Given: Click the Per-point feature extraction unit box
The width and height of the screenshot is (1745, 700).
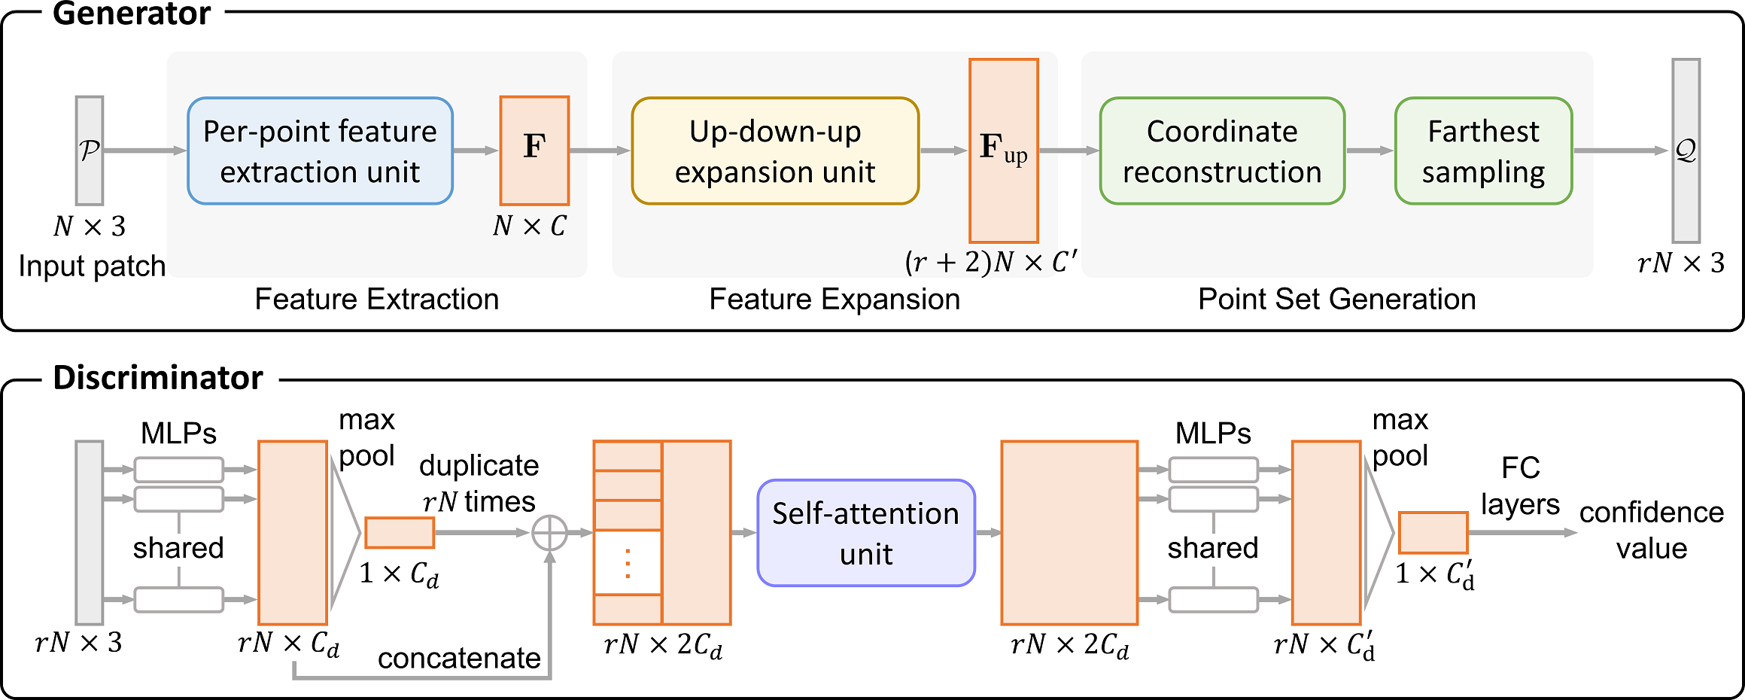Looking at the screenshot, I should [x=320, y=151].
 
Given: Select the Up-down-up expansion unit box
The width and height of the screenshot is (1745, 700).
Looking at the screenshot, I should [x=775, y=151].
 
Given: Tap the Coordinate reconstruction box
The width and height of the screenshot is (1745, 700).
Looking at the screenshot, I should [x=1222, y=151].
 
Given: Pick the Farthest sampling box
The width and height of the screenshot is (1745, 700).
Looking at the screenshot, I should [x=1483, y=151].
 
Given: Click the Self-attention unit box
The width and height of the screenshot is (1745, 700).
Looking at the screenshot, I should [x=866, y=533].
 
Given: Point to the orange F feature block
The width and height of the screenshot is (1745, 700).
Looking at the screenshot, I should [x=534, y=151].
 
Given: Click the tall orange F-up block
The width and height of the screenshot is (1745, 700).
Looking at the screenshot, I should [x=1004, y=151].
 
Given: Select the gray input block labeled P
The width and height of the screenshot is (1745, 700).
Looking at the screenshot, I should [x=90, y=151].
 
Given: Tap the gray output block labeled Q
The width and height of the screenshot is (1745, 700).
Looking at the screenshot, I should [x=1686, y=151].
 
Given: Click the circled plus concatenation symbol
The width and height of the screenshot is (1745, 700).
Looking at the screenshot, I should [x=550, y=533].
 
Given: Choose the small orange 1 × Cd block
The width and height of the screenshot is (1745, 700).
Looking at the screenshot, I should [x=400, y=533].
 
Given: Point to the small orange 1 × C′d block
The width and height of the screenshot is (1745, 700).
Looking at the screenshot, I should [x=1433, y=533].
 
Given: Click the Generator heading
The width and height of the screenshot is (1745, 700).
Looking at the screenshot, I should [x=132, y=14].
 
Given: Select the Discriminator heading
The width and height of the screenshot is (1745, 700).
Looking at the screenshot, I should [x=158, y=378].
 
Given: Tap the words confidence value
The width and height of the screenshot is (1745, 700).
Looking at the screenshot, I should [x=1652, y=531].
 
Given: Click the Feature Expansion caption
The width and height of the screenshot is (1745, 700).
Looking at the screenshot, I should [x=834, y=300].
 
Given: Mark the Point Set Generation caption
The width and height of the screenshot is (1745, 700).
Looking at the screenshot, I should [x=1336, y=300].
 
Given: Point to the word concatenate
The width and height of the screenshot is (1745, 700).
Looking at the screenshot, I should [x=459, y=659].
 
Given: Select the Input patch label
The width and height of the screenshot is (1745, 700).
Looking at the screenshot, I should [x=92, y=266].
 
